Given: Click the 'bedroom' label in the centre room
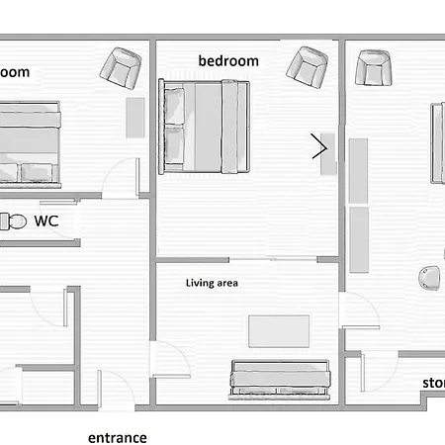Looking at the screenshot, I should (228, 61).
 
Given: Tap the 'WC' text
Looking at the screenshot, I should (46, 221).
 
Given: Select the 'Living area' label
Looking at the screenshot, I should (213, 283).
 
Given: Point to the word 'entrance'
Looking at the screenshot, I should (117, 437).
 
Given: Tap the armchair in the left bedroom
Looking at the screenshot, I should (123, 67).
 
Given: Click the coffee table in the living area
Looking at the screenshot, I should (281, 331).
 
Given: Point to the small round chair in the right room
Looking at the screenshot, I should (428, 278).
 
